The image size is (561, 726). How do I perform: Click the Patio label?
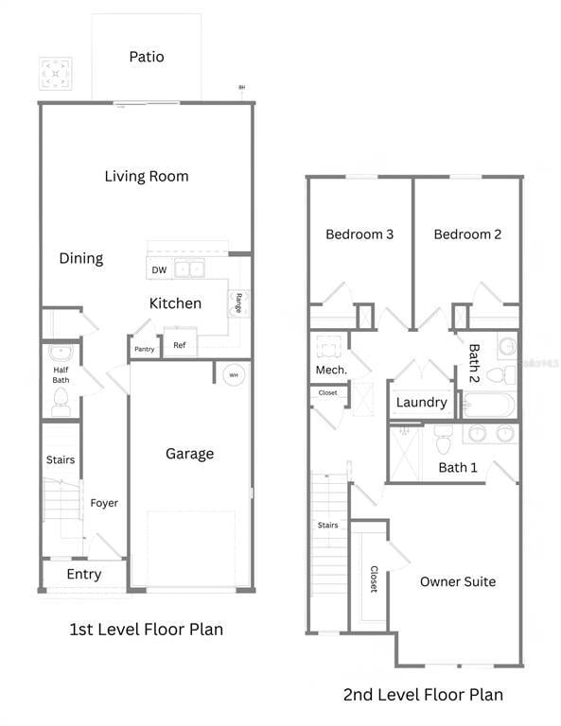point(147,57)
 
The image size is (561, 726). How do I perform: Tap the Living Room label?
point(147,176)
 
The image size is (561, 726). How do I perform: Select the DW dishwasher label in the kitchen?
point(159,270)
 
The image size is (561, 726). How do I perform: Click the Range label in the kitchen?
point(238,302)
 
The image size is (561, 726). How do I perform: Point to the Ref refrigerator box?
point(180,345)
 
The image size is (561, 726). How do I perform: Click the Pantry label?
point(144,349)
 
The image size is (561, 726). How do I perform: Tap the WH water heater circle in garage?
point(233,375)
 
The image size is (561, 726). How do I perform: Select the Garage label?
point(189,454)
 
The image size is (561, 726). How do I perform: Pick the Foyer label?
point(104,503)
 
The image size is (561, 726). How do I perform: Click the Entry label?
point(83,574)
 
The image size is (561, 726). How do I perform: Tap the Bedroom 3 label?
point(359,234)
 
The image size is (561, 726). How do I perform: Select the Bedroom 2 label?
point(467,234)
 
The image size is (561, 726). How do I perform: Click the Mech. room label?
point(331,370)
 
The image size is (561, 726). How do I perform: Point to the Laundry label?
point(421,403)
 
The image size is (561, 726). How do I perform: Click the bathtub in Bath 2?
point(489,406)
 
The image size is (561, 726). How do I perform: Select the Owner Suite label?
point(458,581)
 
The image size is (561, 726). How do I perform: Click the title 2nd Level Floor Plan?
point(423,695)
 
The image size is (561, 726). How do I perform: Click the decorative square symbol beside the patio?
point(55,73)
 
